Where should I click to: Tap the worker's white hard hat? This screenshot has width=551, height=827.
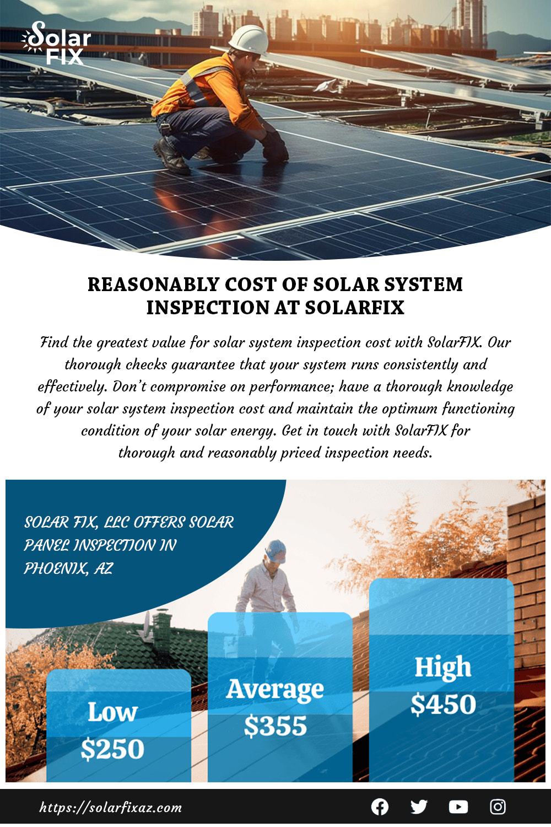click(x=249, y=40)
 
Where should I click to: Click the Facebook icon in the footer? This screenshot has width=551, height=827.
click(x=380, y=807)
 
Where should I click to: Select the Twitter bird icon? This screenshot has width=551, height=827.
click(x=419, y=807)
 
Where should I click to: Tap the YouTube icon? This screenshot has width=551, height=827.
click(x=458, y=807)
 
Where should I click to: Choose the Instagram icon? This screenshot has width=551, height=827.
click(x=498, y=807)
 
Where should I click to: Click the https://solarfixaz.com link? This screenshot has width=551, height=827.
click(x=111, y=808)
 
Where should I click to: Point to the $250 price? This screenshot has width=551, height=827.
click(x=112, y=749)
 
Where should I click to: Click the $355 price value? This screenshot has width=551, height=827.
click(x=275, y=726)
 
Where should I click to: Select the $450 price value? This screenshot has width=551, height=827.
click(x=443, y=704)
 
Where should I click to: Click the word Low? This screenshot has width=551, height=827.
click(x=112, y=712)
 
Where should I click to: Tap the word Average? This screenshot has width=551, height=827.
click(x=275, y=689)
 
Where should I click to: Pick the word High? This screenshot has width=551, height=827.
click(x=443, y=667)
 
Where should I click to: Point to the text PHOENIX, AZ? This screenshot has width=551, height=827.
click(x=68, y=568)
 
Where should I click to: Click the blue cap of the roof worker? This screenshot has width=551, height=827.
click(x=276, y=550)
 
